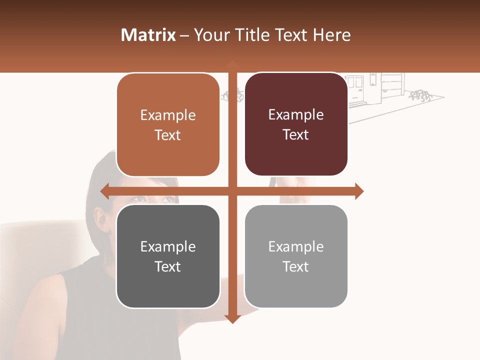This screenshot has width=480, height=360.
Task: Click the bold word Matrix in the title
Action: click(148, 35)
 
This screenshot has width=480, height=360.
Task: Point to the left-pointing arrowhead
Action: click(104, 191)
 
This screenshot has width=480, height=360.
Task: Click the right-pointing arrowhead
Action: click(359, 191)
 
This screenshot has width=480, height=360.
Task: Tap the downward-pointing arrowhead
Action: click(232, 319)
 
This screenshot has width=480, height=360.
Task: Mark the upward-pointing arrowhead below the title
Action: click(232, 64)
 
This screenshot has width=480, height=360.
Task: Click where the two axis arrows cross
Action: click(232, 191)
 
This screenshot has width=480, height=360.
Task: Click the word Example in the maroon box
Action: click(296, 114)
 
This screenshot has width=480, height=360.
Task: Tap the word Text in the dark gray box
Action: click(168, 266)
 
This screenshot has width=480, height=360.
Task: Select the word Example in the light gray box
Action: click(296, 246)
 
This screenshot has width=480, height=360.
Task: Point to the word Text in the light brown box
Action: click(168, 135)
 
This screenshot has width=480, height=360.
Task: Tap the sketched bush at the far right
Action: click(420, 95)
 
